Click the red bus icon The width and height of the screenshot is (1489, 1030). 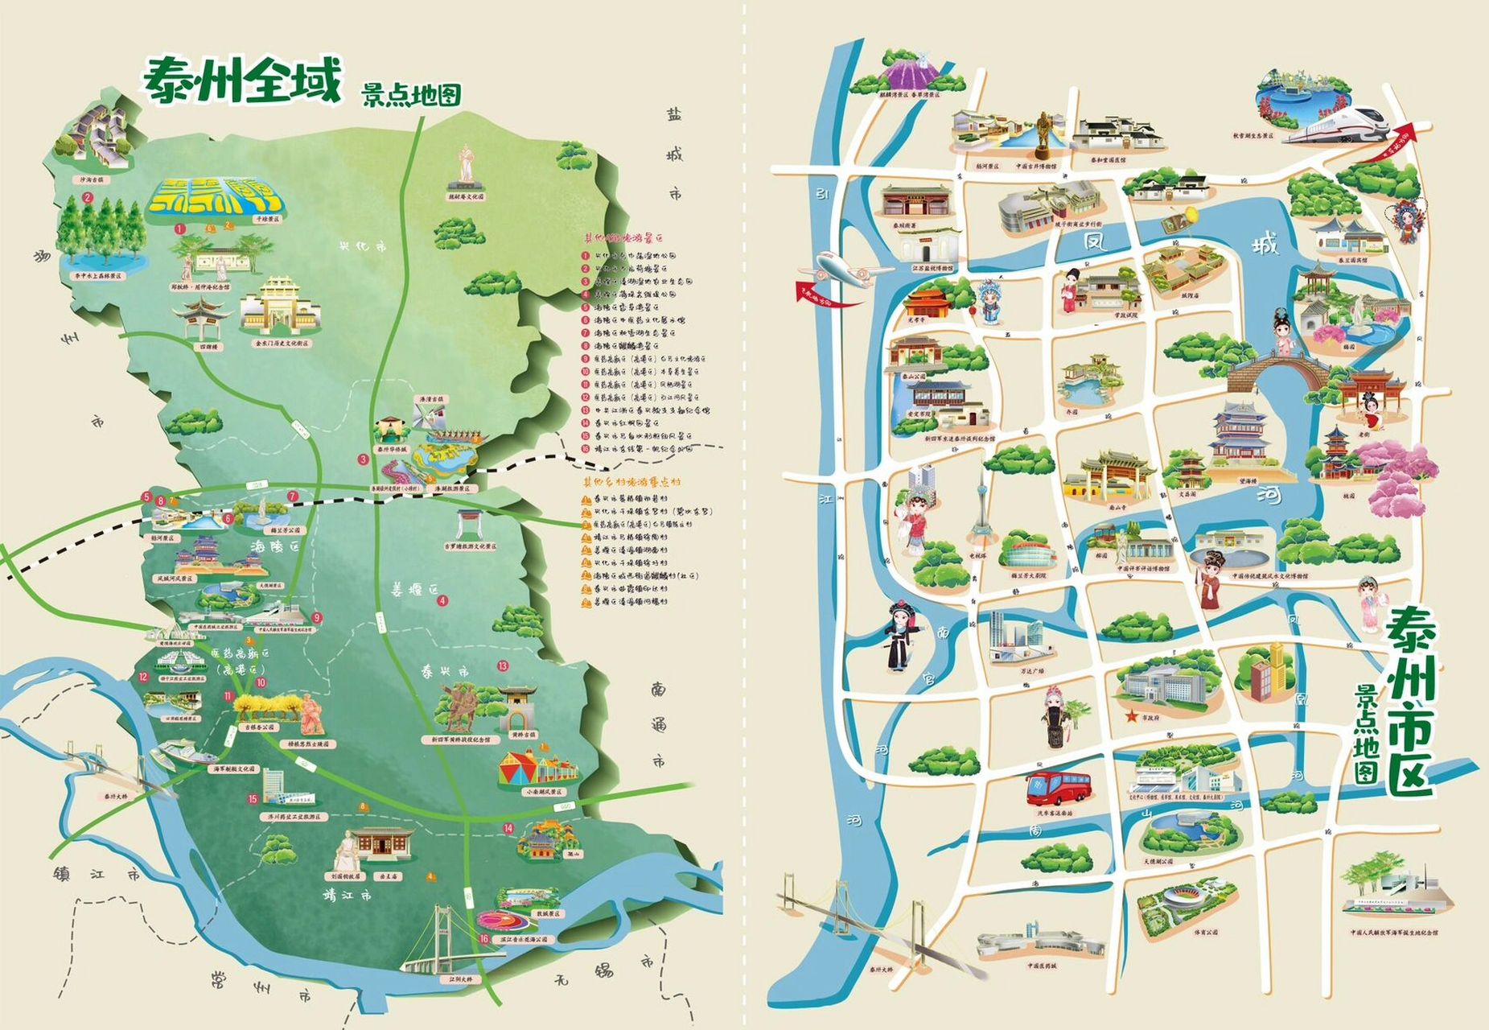click(x=1057, y=787)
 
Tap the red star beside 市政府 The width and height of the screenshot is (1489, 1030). click(x=1131, y=715)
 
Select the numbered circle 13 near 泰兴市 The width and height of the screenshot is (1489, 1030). click(x=503, y=665)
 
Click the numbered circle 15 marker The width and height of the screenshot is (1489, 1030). click(x=253, y=799)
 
